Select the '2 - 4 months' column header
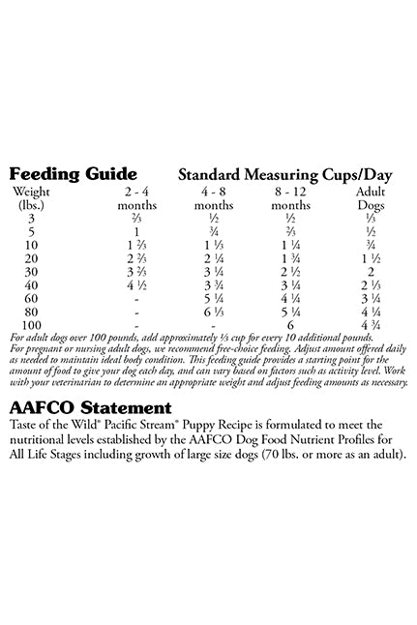tap(136, 198)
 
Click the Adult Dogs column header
tap(371, 198)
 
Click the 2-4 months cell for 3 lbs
tap(136, 219)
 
